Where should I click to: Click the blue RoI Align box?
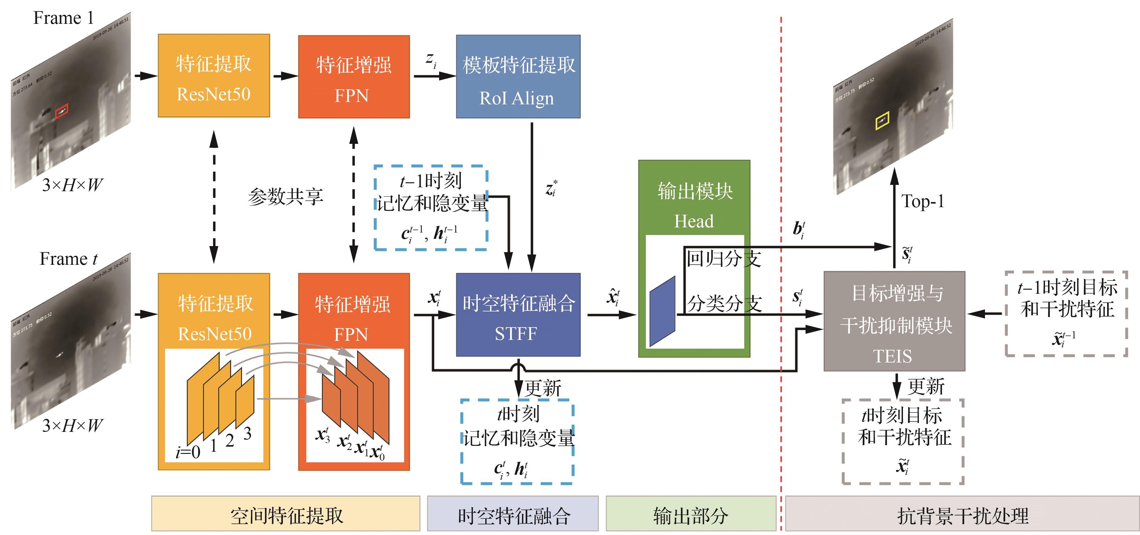click(518, 77)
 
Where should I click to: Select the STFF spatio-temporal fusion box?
click(518, 315)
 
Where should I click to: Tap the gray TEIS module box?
click(894, 321)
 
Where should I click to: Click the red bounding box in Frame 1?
click(62, 111)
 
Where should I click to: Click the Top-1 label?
click(923, 201)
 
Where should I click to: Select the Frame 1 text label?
click(63, 18)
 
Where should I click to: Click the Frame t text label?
click(68, 259)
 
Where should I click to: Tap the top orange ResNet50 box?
click(214, 76)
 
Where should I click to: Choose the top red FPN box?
click(353, 77)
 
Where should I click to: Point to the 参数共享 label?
click(285, 196)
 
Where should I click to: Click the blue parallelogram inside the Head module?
click(662, 311)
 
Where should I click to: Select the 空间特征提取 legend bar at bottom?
click(285, 514)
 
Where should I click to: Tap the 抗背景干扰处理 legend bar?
click(962, 514)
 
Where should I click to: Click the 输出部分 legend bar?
click(690, 514)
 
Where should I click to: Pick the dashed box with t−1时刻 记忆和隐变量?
click(431, 207)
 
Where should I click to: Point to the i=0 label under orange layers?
click(188, 452)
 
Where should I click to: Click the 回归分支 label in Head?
click(723, 259)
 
